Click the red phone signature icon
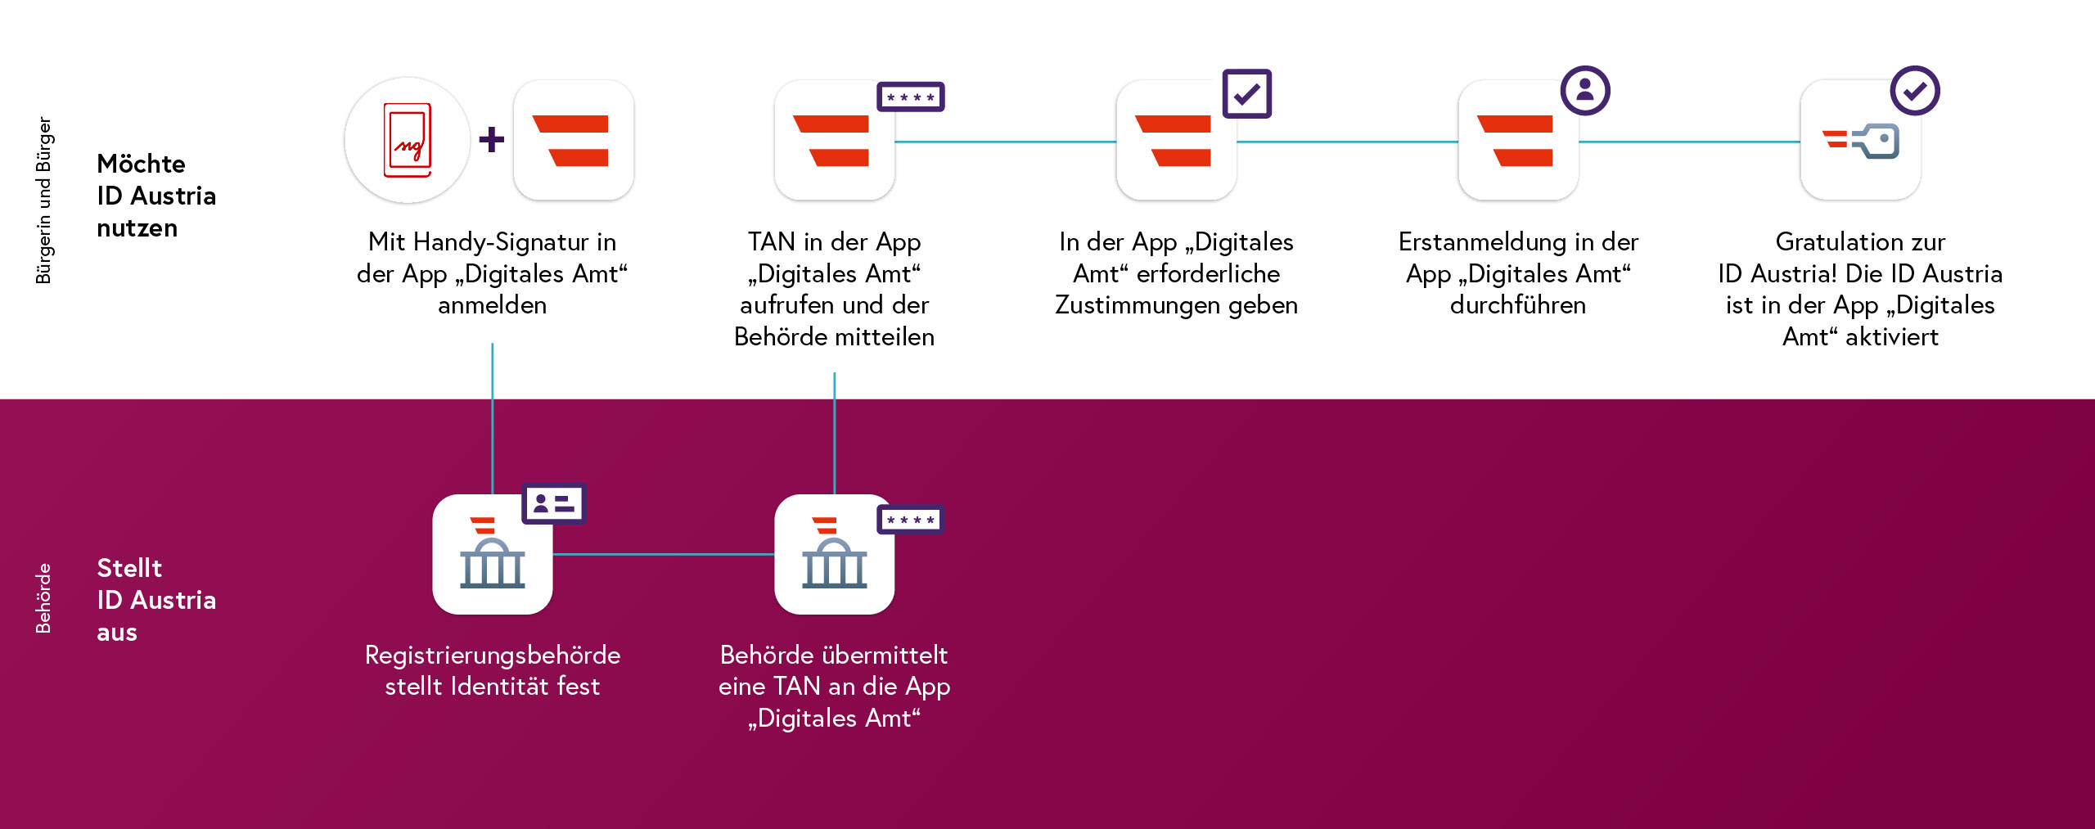[408, 140]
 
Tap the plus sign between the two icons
[492, 139]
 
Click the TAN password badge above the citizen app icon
[911, 97]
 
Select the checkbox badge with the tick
[1246, 93]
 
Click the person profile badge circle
[1585, 90]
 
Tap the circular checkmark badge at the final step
[1915, 90]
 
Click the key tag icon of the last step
[1861, 141]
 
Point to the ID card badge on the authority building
[554, 503]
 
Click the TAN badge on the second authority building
[911, 520]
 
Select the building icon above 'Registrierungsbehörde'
[493, 554]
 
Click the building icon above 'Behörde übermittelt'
[835, 554]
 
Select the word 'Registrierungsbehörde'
[493, 656]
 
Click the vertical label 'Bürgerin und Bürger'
[43, 200]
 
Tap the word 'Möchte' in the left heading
[141, 164]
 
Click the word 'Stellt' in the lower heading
[129, 568]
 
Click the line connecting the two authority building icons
[664, 554]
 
